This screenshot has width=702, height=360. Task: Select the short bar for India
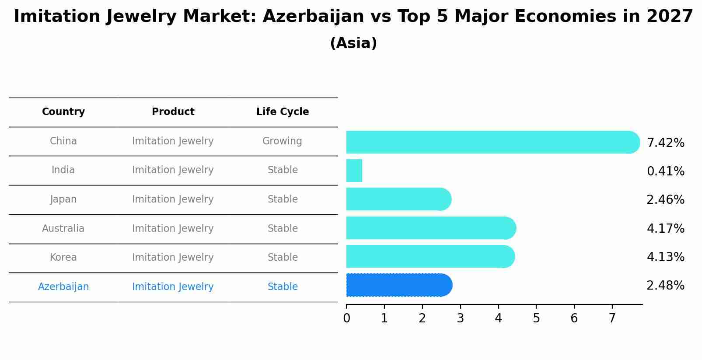click(354, 171)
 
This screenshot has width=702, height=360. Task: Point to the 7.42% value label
click(665, 143)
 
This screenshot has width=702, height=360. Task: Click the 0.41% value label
click(665, 171)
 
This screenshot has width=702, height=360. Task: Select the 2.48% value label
click(665, 286)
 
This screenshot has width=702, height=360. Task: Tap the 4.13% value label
click(665, 257)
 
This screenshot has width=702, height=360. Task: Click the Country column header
click(63, 112)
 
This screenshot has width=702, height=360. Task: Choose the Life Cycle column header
click(283, 112)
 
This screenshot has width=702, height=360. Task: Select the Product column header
click(173, 112)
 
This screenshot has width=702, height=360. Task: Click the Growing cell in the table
click(282, 141)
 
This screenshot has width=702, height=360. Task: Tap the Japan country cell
click(63, 199)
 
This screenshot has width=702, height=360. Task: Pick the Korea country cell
click(63, 258)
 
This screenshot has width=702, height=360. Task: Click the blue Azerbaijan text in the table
click(63, 287)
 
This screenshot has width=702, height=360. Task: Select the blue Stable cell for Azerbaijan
click(283, 287)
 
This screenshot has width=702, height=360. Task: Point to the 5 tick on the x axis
click(536, 318)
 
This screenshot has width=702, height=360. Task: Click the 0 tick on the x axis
click(346, 318)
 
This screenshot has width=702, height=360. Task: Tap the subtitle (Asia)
click(353, 43)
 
